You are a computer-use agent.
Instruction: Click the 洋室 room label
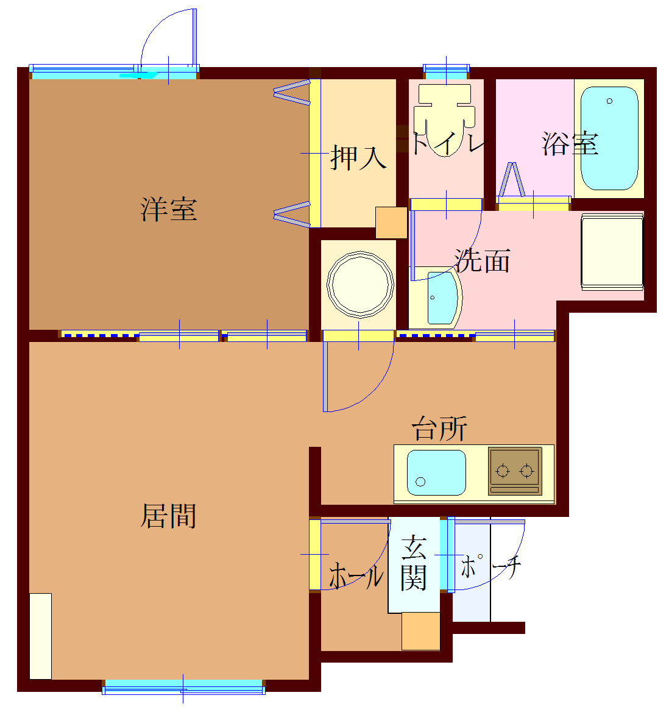pos(169,209)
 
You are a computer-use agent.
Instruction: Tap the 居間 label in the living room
pos(169,516)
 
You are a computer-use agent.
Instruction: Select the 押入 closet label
pos(358,157)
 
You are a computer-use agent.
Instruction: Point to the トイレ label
pos(449,144)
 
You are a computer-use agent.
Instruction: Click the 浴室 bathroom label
pos(570,144)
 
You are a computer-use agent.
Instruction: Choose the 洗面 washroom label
pos(482,261)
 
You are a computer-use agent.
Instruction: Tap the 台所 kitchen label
pos(440,429)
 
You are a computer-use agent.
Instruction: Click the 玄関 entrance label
pos(414,563)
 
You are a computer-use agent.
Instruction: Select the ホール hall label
pos(356,575)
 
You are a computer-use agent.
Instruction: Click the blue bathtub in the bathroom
pos(609,138)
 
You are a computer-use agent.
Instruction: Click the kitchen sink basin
pos(436,472)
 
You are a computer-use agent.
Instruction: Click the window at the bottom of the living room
pos(183,686)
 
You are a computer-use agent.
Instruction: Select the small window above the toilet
pos(446,70)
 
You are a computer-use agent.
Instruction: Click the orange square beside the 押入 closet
pos(391,222)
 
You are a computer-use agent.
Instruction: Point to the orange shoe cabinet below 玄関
pos(420,631)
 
